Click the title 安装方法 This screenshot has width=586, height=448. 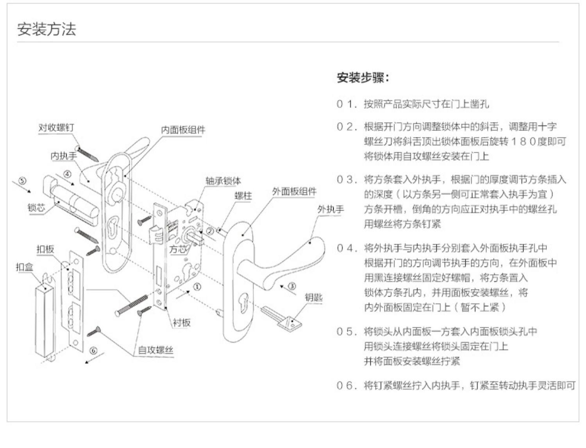[x=46, y=29]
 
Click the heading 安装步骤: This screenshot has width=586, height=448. [x=363, y=78]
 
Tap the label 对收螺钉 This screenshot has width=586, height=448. [x=56, y=128]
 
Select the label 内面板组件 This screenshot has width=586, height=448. [x=183, y=130]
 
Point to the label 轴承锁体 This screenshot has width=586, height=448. [x=223, y=181]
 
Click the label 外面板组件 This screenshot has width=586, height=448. [x=294, y=192]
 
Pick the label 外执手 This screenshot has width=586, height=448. [x=331, y=210]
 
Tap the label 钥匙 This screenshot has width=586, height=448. [x=314, y=297]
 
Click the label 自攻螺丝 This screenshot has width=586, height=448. [x=155, y=350]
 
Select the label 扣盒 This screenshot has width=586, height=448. [x=24, y=267]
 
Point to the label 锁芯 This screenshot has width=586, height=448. [x=36, y=207]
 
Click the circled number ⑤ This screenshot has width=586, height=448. [x=23, y=181]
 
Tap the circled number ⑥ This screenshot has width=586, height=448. [x=93, y=350]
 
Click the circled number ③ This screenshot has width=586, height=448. [x=292, y=286]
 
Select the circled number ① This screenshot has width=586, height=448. [x=197, y=287]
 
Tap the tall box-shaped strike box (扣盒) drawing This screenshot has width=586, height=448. [x=45, y=321]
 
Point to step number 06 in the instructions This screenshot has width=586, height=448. [x=345, y=386]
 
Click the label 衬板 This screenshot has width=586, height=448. [x=181, y=322]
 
